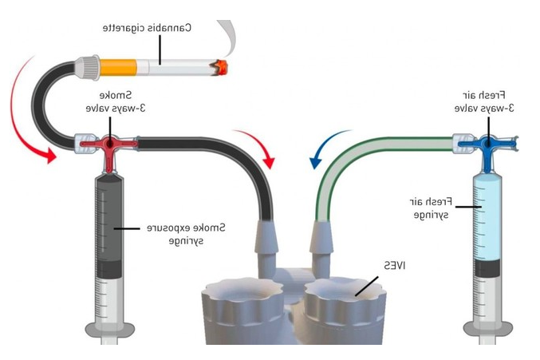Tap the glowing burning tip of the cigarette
pyautogui.click(x=218, y=65)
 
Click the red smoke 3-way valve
pyautogui.click(x=108, y=144)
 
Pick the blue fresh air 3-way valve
pyautogui.click(x=486, y=144)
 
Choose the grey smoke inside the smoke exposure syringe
pyautogui.click(x=108, y=227)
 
